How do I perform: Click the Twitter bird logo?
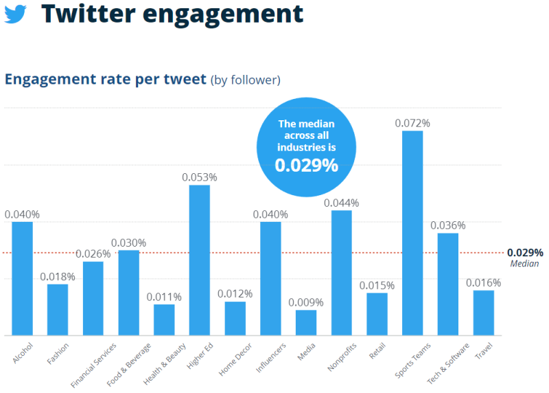coord(15,13)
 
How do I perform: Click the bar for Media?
coord(306,322)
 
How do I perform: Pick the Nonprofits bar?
coord(342,272)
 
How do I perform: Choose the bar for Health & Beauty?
coord(164,319)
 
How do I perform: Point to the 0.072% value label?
coord(412,123)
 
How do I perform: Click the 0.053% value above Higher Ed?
coord(200,177)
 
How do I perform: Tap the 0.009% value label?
coord(306,302)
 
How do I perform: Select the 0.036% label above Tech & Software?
coord(448,225)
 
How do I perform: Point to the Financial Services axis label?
coord(94,363)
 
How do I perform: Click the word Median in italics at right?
coord(524,263)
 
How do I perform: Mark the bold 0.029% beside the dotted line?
coord(526,252)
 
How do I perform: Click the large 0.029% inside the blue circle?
coord(307,166)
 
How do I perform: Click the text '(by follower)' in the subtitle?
coord(245,80)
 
